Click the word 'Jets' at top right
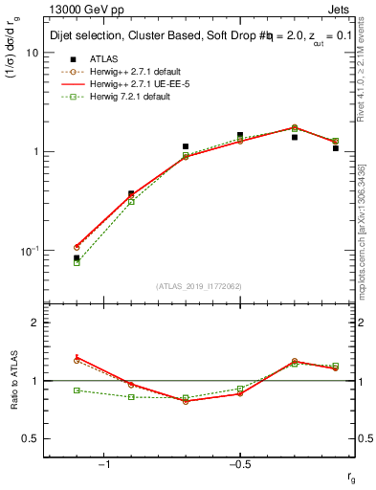pyautogui.click(x=342, y=10)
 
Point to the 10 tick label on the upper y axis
pyautogui.click(x=31, y=53)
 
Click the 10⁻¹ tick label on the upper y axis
pyautogui.click(x=30, y=251)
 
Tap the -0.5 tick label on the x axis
pyautogui.click(x=238, y=465)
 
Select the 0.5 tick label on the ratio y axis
pyautogui.click(x=31, y=438)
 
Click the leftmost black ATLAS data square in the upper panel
pyautogui.click(x=77, y=257)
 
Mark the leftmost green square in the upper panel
pyautogui.click(x=77, y=262)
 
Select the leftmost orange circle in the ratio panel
pyautogui.click(x=77, y=360)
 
